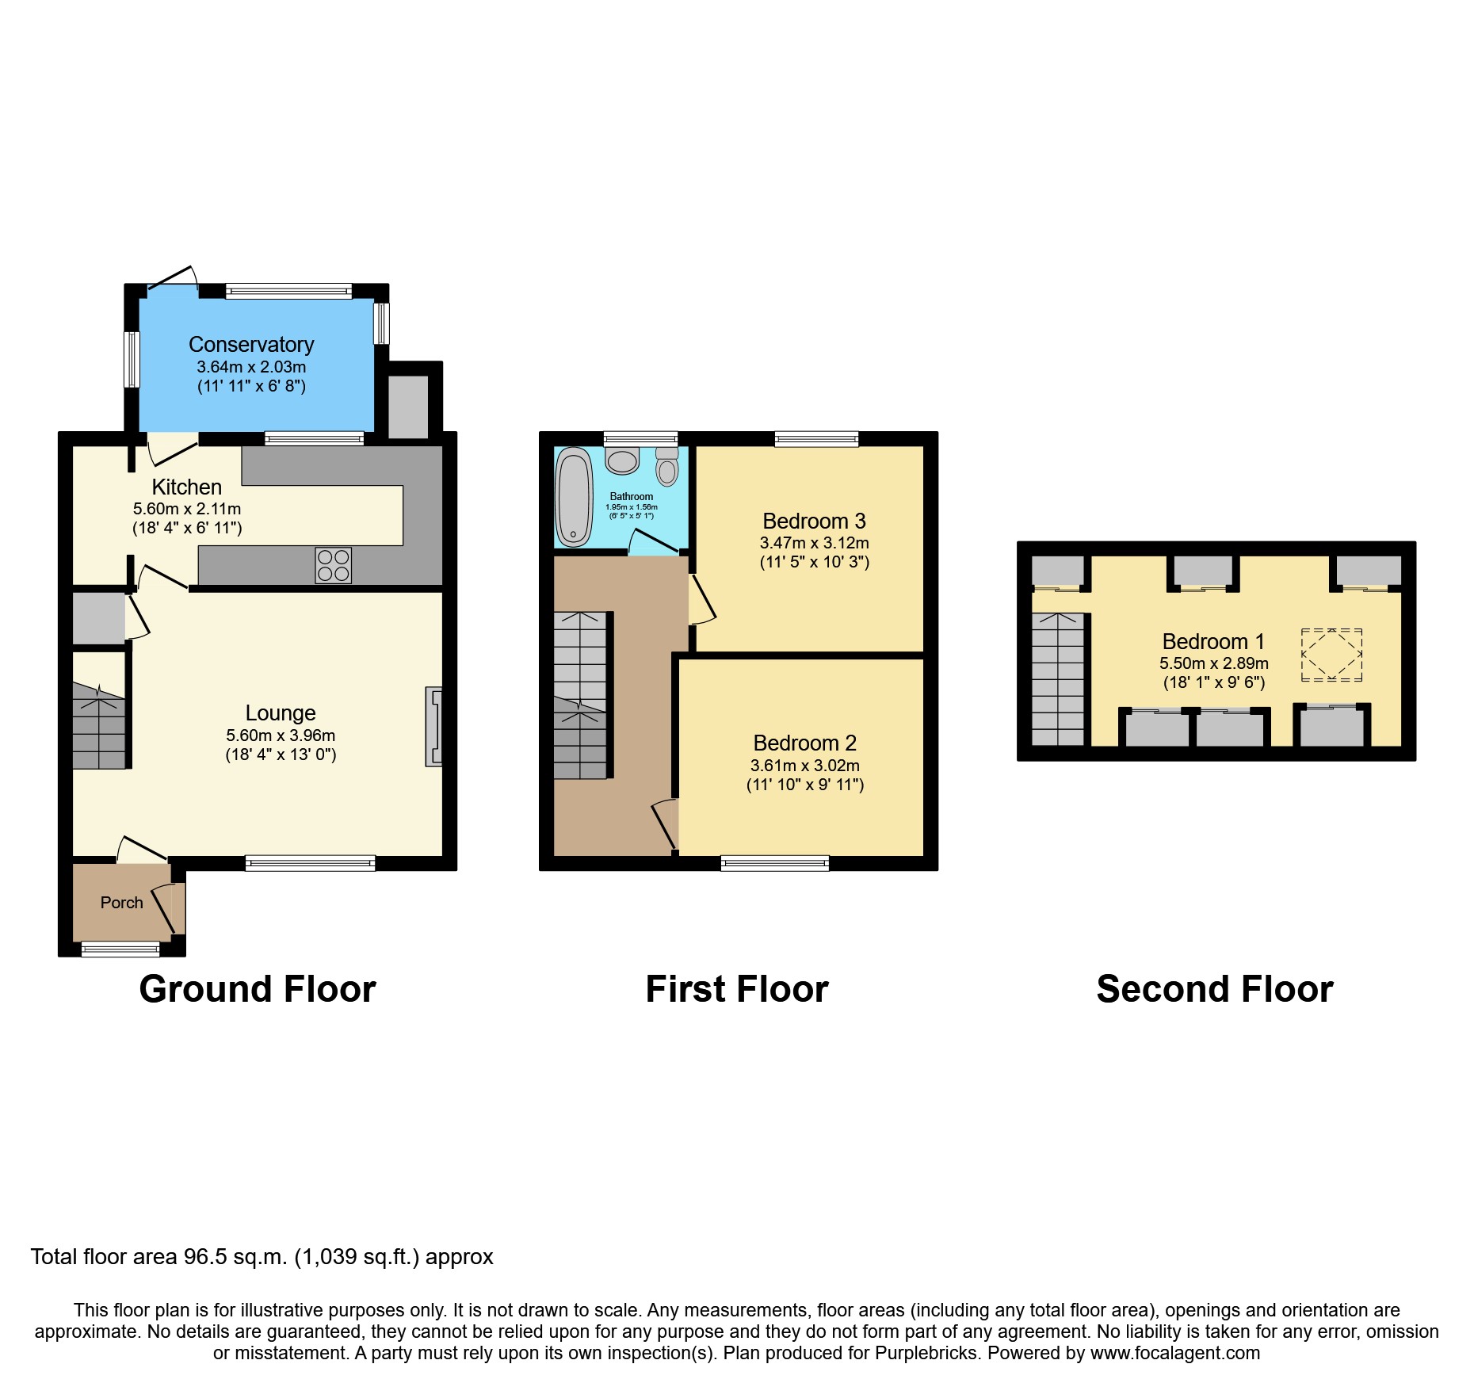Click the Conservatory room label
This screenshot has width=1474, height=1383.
point(251,345)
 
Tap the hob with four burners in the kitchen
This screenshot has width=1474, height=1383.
point(333,565)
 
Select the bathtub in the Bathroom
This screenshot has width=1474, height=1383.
point(574,497)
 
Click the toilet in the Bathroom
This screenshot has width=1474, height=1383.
point(667,468)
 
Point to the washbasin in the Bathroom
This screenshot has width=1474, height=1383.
point(622,460)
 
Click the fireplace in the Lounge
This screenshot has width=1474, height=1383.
point(433,727)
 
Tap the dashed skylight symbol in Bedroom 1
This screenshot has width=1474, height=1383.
point(1331,655)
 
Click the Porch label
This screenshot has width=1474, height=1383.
point(121,903)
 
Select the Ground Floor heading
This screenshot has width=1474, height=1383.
point(258,989)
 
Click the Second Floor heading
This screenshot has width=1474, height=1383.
point(1214,989)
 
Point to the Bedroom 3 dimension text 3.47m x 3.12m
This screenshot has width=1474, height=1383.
point(814,543)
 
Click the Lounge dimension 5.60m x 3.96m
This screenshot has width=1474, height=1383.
point(281,735)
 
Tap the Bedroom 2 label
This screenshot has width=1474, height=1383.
point(804,743)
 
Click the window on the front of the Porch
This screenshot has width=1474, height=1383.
point(120,948)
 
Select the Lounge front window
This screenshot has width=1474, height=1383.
point(310,863)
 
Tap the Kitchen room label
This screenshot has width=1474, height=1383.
point(186,487)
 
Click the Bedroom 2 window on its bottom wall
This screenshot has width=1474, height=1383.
point(774,863)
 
